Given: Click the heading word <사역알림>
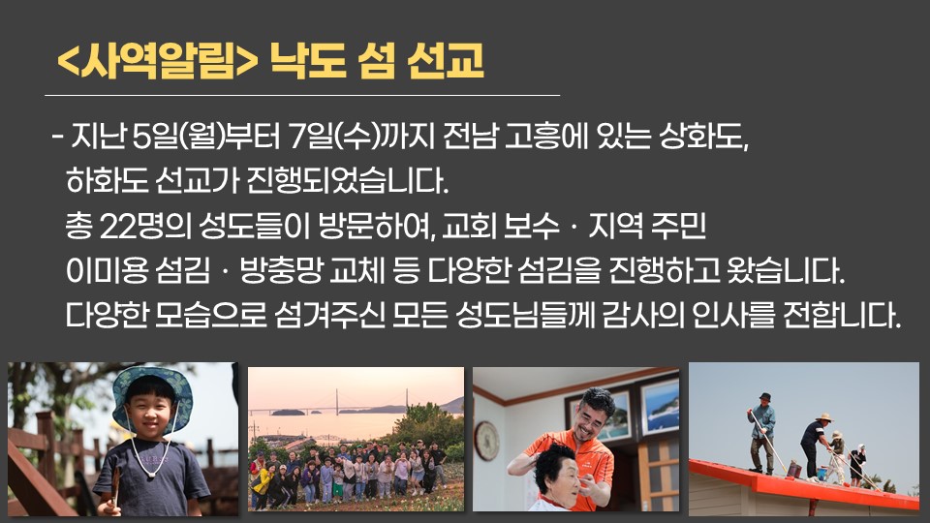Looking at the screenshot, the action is tap(158, 61).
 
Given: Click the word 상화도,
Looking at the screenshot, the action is tap(704, 137).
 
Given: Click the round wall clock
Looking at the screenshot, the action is tap(487, 441).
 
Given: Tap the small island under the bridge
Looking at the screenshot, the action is tap(289, 413).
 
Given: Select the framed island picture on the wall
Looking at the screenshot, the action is tap(660, 408).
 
